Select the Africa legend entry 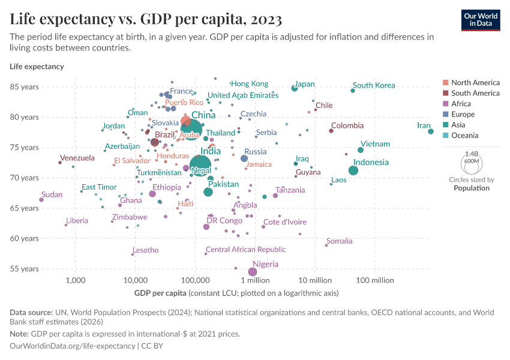[462, 104]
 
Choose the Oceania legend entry [465, 136]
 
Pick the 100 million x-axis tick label [374, 280]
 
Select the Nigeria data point [253, 272]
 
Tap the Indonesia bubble [353, 170]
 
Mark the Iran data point [431, 131]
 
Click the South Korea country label [373, 85]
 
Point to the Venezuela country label [77, 158]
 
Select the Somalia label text [339, 241]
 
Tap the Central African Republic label [245, 250]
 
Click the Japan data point [295, 88]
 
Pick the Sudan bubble [41, 200]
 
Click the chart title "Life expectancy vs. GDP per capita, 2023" [146, 19]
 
